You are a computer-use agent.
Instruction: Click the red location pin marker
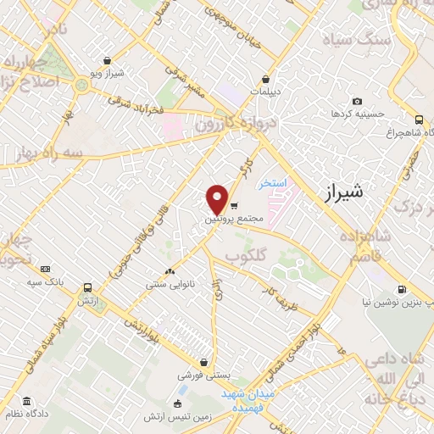218,198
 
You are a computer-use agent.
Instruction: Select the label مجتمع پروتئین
234,220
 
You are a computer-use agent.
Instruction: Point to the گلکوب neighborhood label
247,255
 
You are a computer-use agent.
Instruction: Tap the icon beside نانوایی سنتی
170,271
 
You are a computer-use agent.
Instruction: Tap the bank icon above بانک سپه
45,268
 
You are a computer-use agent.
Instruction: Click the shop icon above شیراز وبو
108,60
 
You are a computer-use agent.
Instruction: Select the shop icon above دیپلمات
266,78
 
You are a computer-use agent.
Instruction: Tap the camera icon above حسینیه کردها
357,102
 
